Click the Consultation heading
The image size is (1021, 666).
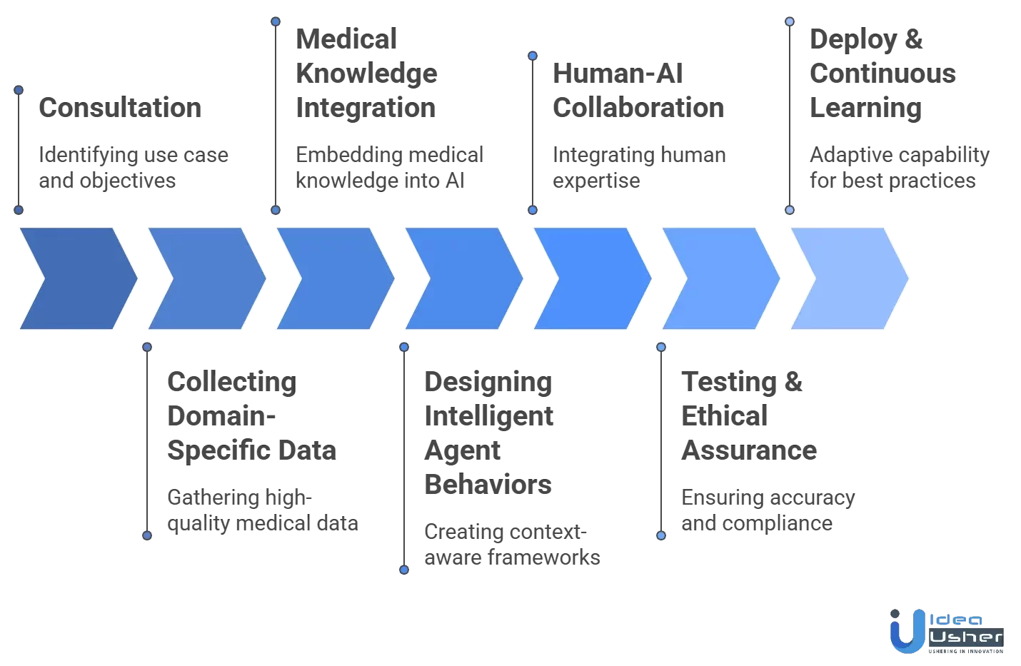[120, 108]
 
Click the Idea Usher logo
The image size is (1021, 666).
[947, 631]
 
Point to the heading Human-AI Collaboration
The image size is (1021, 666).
[638, 91]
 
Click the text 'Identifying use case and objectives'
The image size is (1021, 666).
[134, 168]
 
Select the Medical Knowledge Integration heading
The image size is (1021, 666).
[366, 74]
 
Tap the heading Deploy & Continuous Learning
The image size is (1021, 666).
[882, 74]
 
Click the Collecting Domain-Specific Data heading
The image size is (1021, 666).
[251, 416]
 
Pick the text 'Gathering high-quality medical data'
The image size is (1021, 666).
[262, 510]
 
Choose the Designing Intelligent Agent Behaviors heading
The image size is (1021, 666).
[488, 433]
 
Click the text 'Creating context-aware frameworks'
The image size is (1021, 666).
[512, 545]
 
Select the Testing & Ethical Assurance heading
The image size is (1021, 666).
[749, 416]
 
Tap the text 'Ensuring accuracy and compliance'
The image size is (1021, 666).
[768, 510]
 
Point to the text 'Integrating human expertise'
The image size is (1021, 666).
[639, 168]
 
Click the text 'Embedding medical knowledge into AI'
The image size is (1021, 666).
[389, 168]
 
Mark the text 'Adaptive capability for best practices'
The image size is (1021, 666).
[900, 168]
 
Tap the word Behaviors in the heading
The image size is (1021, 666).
[488, 485]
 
